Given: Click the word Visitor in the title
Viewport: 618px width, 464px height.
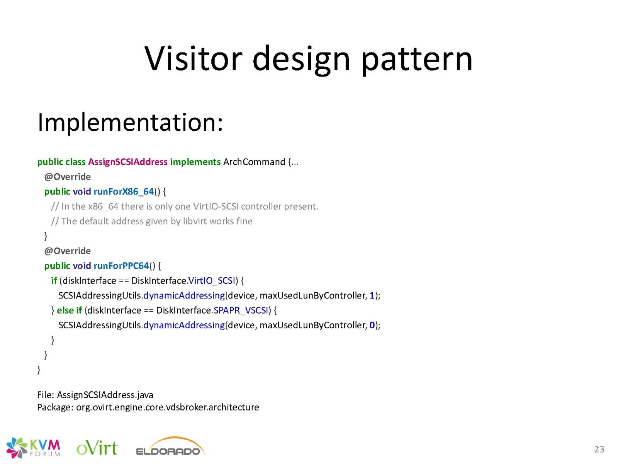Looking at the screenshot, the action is tap(193, 59).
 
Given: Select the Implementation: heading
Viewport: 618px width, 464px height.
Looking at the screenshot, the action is tap(130, 123).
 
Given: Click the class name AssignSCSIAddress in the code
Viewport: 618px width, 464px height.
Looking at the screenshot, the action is tap(128, 162).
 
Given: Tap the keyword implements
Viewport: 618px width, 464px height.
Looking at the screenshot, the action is tap(195, 162).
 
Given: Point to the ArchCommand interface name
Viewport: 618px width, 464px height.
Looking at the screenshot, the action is tap(254, 162).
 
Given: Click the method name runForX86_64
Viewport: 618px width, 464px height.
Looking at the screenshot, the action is tap(124, 192).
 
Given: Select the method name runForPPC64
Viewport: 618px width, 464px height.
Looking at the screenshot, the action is tap(121, 266).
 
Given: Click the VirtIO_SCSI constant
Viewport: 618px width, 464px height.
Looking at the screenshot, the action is tap(211, 281).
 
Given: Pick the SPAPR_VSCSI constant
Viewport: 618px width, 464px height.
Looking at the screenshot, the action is tap(241, 310).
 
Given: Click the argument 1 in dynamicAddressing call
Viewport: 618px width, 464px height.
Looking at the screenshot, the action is tap(372, 295).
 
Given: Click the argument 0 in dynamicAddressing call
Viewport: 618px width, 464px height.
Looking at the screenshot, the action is tap(372, 326).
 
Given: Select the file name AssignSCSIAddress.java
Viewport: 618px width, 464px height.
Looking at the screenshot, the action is tap(105, 395).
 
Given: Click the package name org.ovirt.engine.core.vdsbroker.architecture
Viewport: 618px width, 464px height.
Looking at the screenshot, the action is tap(168, 408).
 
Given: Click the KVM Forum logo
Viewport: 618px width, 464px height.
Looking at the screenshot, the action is tap(33, 448).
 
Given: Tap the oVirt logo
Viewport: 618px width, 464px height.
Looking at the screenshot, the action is tap(97, 448).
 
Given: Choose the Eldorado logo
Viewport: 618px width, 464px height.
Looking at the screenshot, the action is tap(170, 447).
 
